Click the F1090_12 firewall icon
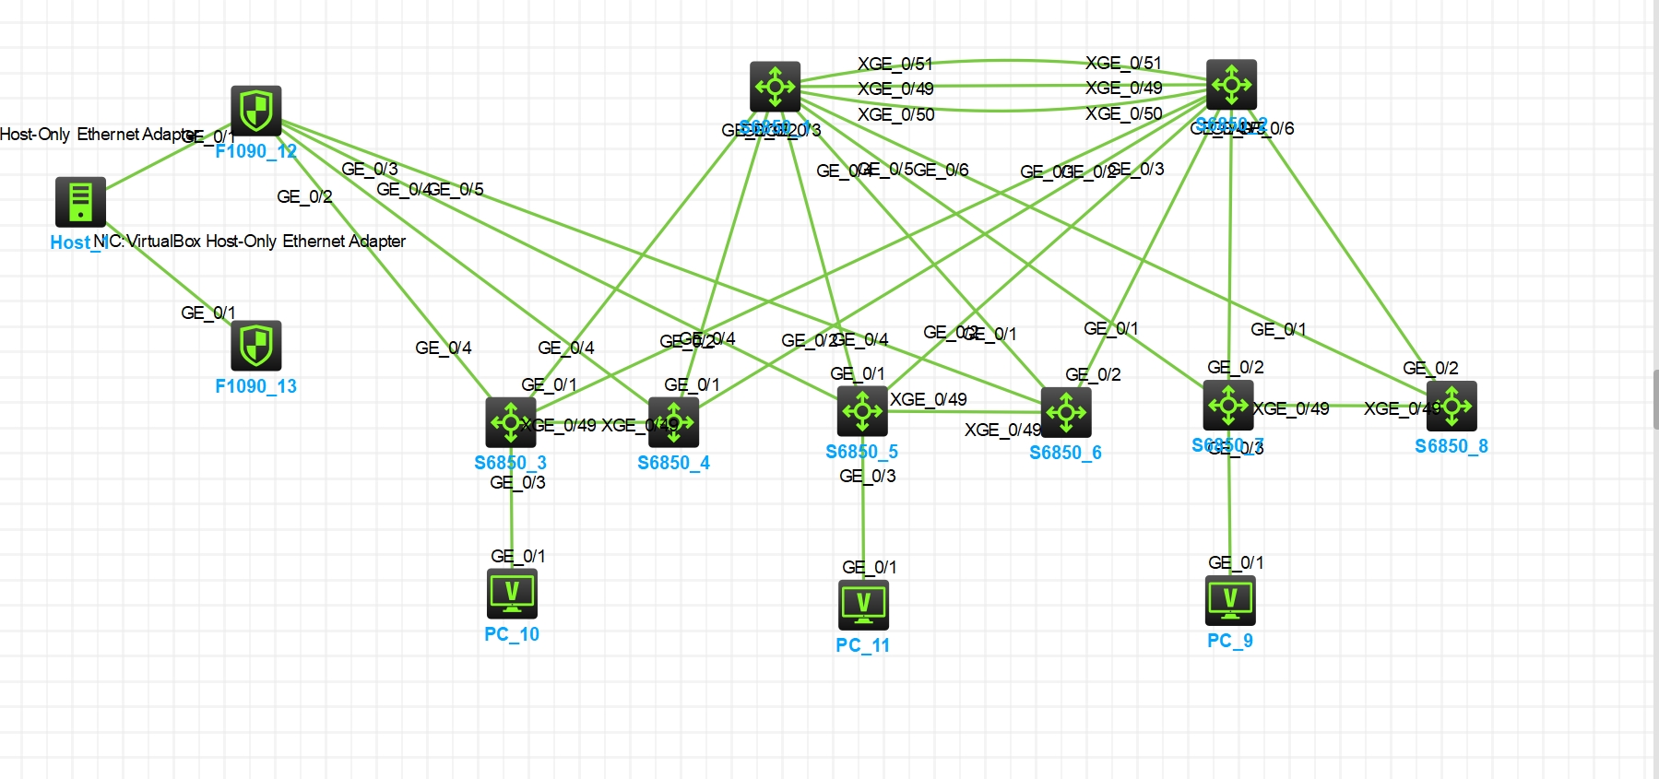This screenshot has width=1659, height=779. pyautogui.click(x=255, y=111)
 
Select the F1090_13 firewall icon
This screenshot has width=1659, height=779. pyautogui.click(x=255, y=346)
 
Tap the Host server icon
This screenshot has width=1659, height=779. pyautogui.click(x=80, y=202)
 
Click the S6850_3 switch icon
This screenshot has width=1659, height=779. pyautogui.click(x=510, y=422)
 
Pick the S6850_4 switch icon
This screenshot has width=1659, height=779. pyautogui.click(x=673, y=422)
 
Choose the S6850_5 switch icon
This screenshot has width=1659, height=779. pyautogui.click(x=862, y=411)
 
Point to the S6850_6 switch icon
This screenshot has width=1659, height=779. pyautogui.click(x=1066, y=412)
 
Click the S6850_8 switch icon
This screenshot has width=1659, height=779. pyautogui.click(x=1452, y=406)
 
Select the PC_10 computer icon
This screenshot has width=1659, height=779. pyautogui.click(x=512, y=593)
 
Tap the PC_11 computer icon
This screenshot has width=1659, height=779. pyautogui.click(x=863, y=605)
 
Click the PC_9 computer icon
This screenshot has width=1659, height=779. pyautogui.click(x=1230, y=600)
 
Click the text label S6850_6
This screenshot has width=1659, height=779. pyautogui.click(x=1065, y=453)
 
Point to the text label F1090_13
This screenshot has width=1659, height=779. pyautogui.click(x=255, y=386)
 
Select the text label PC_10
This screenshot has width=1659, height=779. pyautogui.click(x=512, y=634)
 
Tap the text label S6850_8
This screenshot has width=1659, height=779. pyautogui.click(x=1452, y=446)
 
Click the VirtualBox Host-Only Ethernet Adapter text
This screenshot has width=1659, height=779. pyautogui.click(x=266, y=242)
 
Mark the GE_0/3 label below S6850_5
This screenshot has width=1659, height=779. pyautogui.click(x=868, y=476)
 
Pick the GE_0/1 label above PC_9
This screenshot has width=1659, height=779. pyautogui.click(x=1236, y=562)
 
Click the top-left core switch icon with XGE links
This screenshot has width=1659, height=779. pyautogui.click(x=775, y=87)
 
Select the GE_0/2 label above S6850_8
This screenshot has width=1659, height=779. pyautogui.click(x=1430, y=368)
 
